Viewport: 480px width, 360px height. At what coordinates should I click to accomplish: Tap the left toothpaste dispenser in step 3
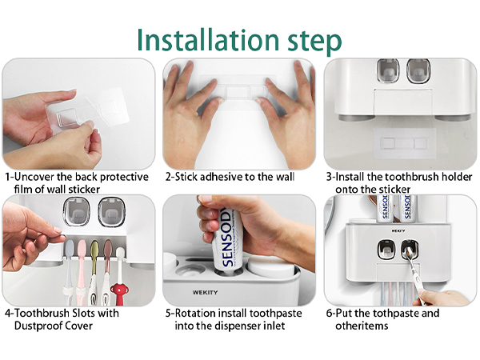point(387,73)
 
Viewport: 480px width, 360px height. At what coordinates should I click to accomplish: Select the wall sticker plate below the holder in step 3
point(400,142)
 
